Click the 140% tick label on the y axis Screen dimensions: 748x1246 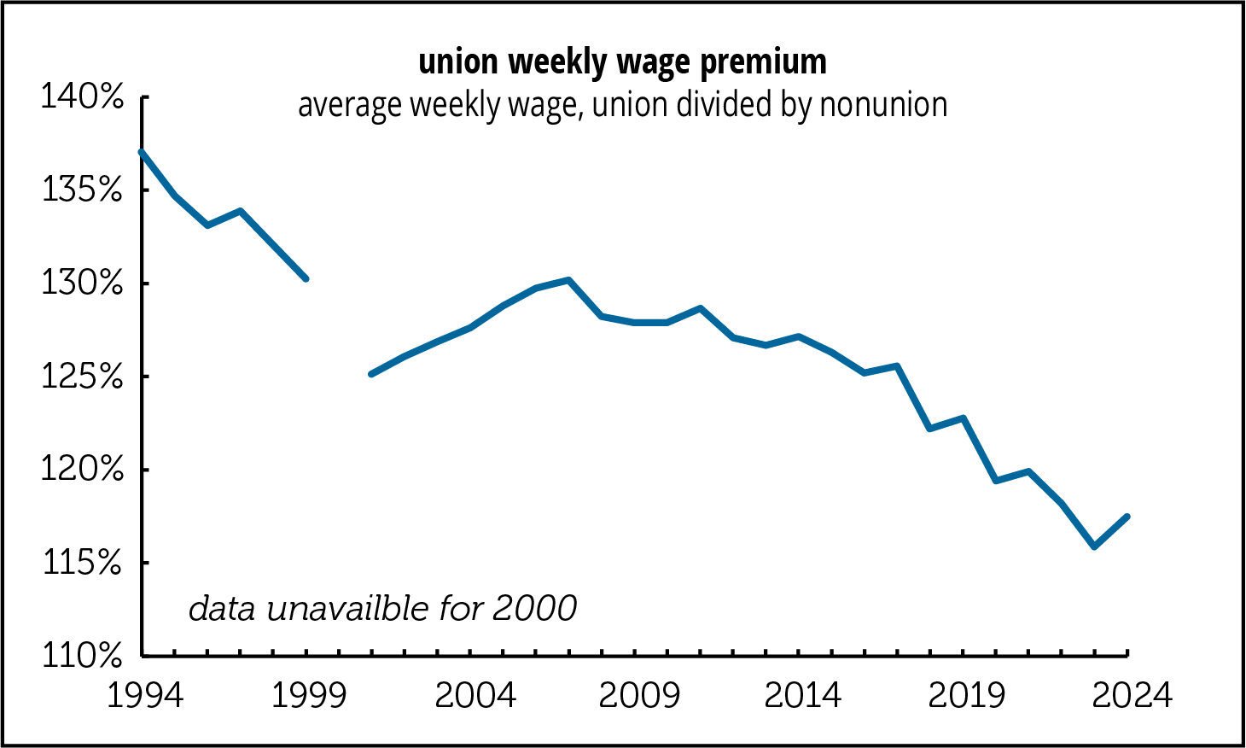point(83,97)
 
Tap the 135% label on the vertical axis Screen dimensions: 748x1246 point(83,190)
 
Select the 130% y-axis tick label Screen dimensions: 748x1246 point(83,283)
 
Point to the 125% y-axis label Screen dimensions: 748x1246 point(83,376)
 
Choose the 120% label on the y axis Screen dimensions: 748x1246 point(83,469)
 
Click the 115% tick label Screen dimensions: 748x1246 point(83,562)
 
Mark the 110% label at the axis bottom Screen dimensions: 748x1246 point(83,655)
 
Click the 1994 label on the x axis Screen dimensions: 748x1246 point(144,696)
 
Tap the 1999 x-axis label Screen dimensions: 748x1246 point(309,696)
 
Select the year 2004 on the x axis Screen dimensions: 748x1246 point(475,696)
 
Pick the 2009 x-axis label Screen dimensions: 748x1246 point(639,696)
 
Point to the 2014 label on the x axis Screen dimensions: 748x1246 point(803,696)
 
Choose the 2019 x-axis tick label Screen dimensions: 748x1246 point(968,696)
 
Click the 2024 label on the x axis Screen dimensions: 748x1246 point(1132,696)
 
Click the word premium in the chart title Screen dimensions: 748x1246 point(763,62)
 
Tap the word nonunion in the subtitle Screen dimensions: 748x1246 point(883,105)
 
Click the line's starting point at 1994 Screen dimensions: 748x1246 point(142,152)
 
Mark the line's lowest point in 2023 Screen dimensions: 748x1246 point(1095,546)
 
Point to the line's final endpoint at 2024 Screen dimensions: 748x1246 point(1127,517)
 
